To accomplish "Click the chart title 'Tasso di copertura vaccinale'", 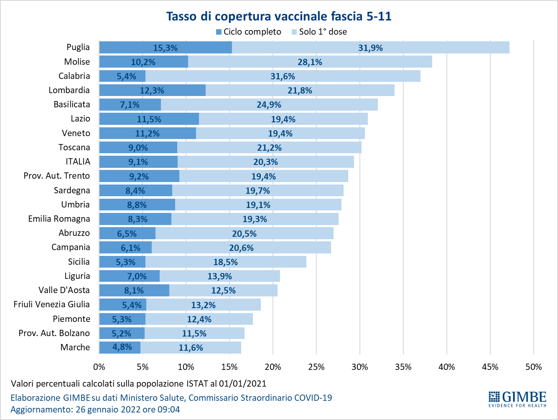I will (279, 16).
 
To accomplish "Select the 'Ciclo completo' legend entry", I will (248, 32).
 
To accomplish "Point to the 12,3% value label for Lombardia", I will (152, 91).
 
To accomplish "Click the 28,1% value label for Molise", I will (310, 62).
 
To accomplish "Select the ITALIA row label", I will (78, 162).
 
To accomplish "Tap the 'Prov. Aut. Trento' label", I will (56, 176).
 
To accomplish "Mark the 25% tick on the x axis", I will (316, 367).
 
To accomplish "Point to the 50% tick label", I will (533, 367).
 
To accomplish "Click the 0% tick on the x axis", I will (99, 367).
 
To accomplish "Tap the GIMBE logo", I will (517, 399).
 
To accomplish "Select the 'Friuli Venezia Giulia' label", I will (51, 304).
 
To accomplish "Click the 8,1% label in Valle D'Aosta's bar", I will (134, 291).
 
